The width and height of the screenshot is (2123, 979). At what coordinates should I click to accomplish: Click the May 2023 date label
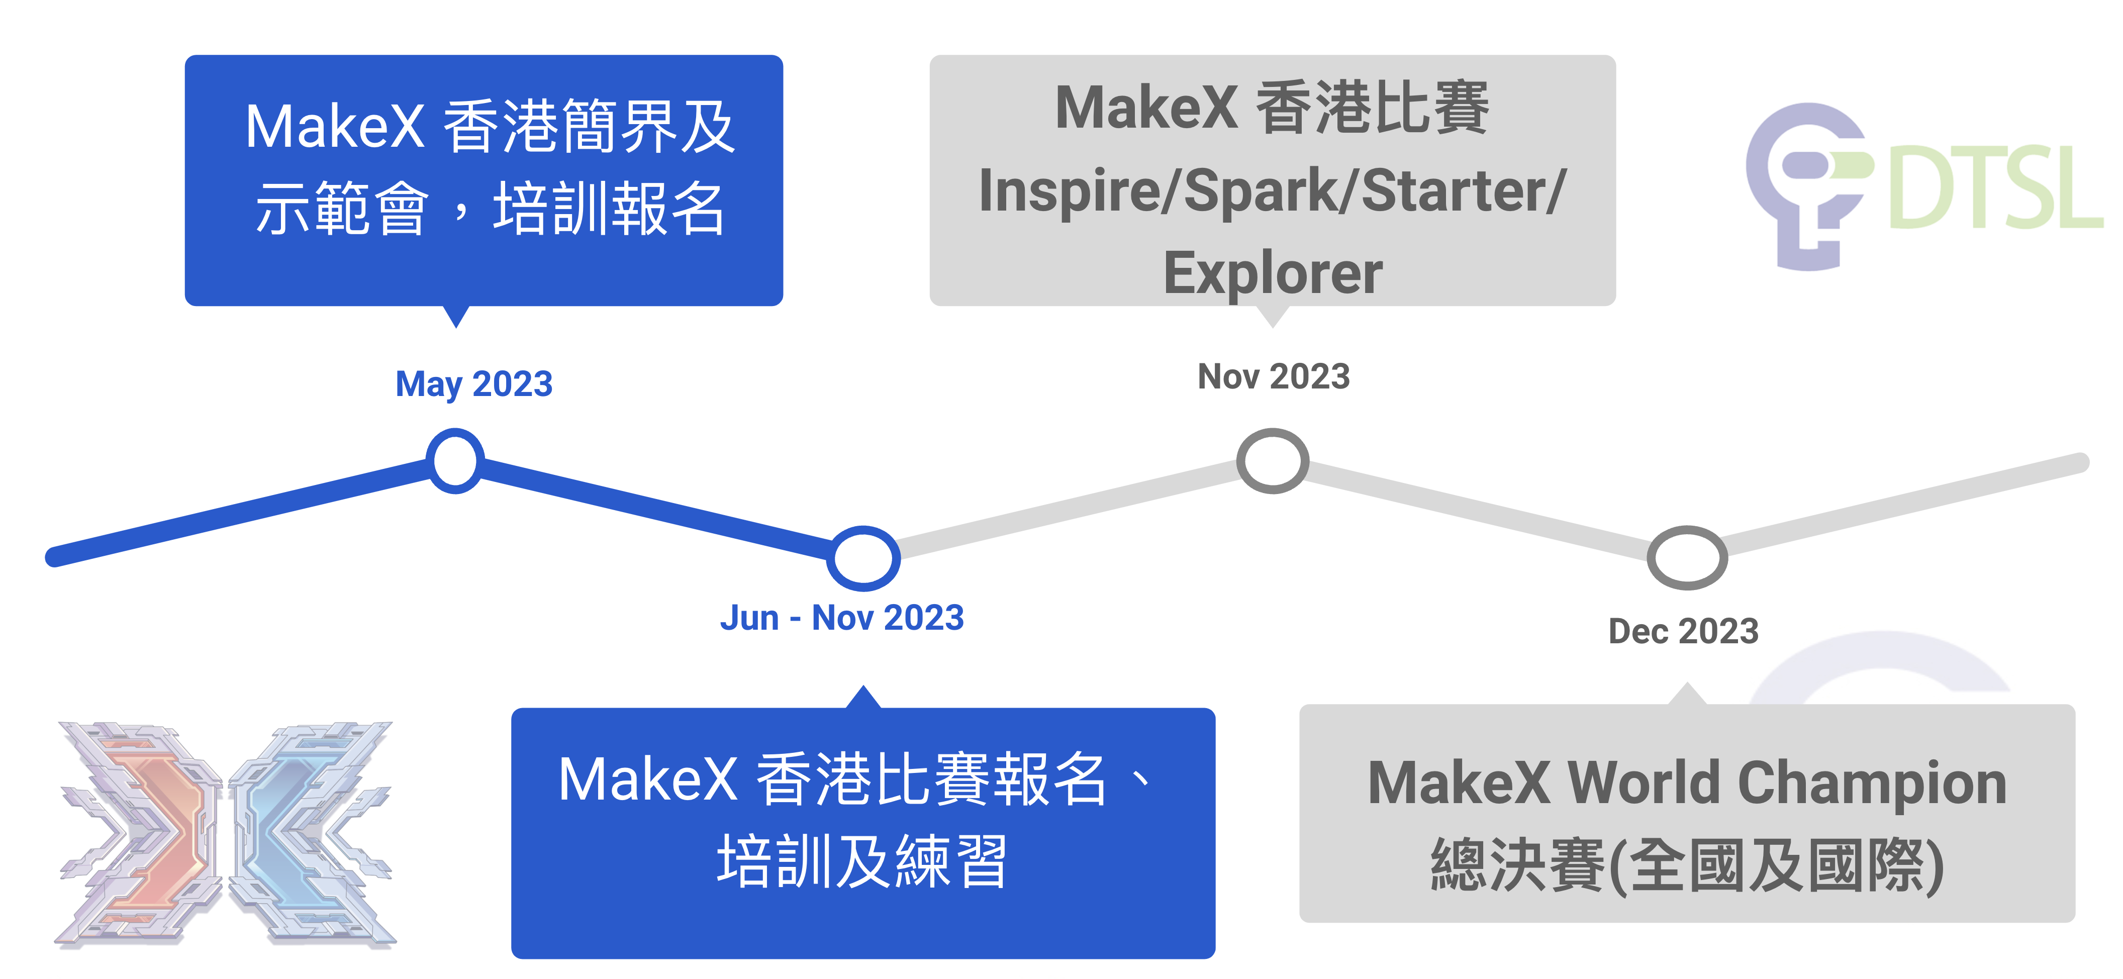[474, 384]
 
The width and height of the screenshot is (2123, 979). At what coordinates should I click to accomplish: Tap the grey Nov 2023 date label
[1273, 376]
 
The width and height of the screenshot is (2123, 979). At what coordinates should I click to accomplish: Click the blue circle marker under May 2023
[455, 461]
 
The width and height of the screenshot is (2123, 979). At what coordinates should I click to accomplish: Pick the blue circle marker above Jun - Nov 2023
[863, 558]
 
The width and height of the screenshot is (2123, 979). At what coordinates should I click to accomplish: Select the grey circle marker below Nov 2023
[1273, 461]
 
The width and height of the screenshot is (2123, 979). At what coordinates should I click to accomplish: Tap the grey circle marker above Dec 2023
[1686, 558]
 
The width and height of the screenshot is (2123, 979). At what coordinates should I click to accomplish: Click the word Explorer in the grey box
[1273, 273]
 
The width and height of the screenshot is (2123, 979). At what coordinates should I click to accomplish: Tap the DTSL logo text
[1994, 188]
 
